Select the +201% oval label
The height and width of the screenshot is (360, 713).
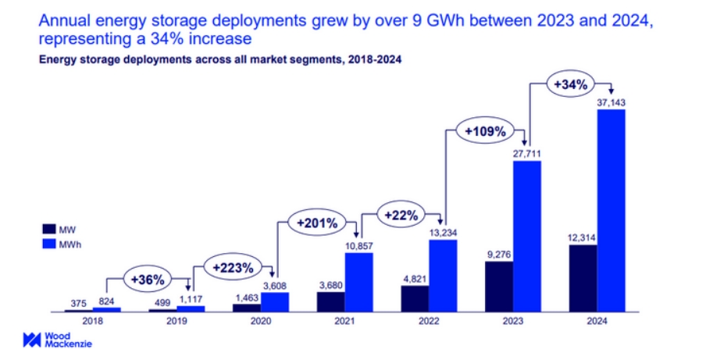(316, 223)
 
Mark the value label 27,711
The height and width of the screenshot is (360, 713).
(527, 153)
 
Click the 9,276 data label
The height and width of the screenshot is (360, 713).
(500, 254)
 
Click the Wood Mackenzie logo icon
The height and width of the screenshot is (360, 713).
(31, 340)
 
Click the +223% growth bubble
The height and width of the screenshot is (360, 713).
(232, 267)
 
